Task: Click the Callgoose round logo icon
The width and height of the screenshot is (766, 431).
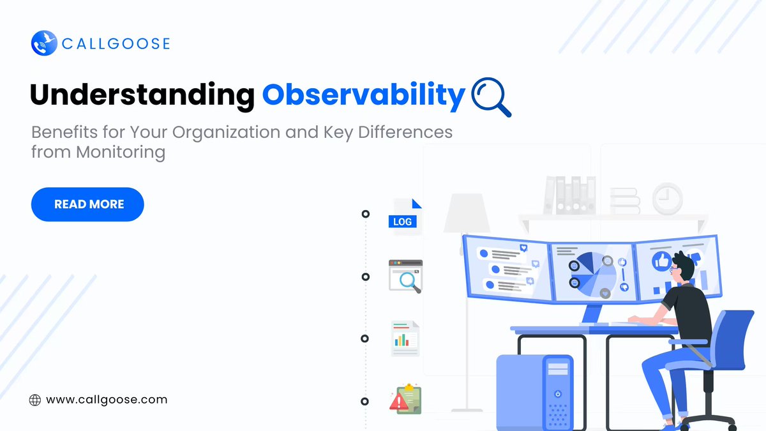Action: point(44,43)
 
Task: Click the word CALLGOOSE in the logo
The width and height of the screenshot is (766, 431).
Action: point(116,44)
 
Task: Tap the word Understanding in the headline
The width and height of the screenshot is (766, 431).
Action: point(142,95)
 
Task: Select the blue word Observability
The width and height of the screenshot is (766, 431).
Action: point(363,95)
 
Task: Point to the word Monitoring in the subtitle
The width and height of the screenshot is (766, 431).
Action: point(121,153)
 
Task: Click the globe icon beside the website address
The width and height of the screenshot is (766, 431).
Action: point(35,400)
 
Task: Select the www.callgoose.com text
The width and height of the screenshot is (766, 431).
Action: point(107,400)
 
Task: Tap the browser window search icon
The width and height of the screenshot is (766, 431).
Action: point(406,276)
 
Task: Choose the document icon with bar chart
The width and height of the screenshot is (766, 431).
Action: point(405,338)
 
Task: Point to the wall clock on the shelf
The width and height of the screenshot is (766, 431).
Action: point(667,199)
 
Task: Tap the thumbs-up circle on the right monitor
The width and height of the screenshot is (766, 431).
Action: point(661,260)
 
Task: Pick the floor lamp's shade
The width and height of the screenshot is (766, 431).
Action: point(467,213)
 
